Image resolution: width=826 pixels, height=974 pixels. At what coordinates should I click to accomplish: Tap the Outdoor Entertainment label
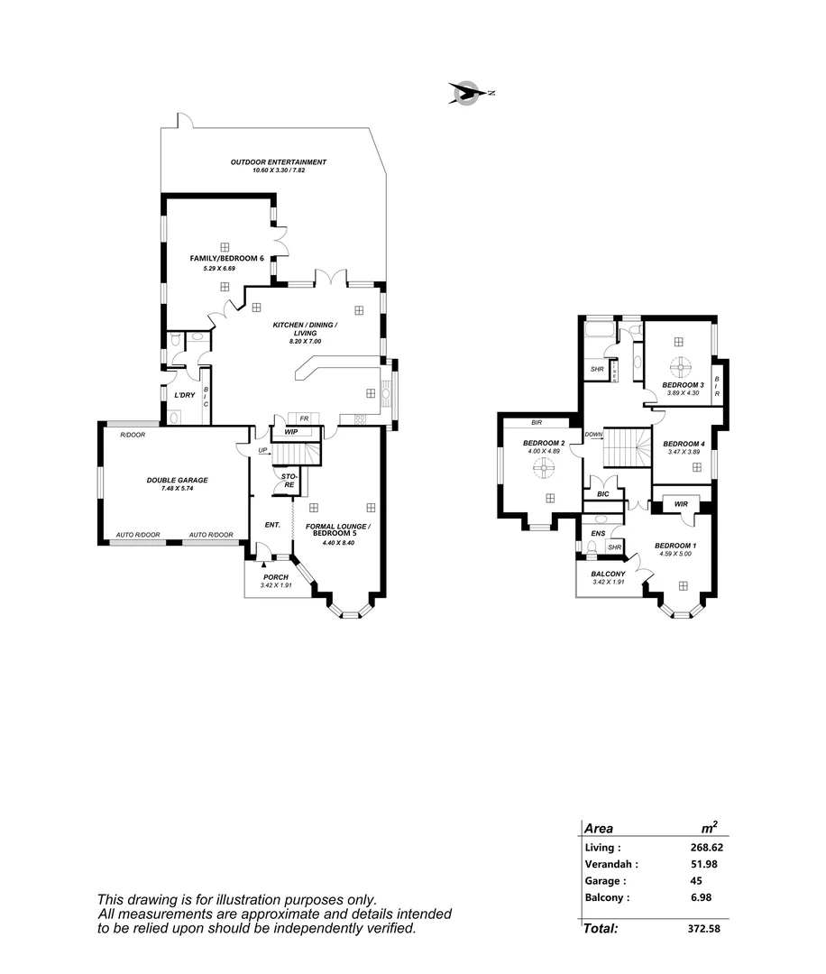click(x=278, y=162)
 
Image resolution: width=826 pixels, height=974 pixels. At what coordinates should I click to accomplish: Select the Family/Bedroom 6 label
click(x=226, y=259)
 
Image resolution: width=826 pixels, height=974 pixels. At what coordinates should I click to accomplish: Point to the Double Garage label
click(x=178, y=481)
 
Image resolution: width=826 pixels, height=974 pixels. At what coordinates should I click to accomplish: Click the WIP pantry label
click(x=291, y=432)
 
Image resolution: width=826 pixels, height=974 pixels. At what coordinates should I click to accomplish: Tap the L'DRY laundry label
click(x=185, y=395)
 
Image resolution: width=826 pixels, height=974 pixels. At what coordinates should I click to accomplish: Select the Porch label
click(x=275, y=577)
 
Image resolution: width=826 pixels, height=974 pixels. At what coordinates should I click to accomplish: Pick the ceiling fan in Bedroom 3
click(x=682, y=367)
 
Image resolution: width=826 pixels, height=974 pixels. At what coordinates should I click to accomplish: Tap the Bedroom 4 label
click(x=683, y=444)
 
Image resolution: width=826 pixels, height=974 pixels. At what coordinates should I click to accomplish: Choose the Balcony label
click(x=609, y=574)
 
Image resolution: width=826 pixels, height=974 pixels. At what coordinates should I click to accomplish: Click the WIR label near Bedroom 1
click(x=681, y=504)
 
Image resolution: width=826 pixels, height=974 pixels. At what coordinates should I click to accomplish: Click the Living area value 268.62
click(x=706, y=848)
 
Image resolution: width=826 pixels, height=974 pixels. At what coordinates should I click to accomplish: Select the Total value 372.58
click(x=704, y=928)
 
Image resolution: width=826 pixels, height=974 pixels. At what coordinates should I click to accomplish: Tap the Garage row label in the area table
click(x=605, y=881)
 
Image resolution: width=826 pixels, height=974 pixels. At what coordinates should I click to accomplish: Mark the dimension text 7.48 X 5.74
click(x=178, y=489)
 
